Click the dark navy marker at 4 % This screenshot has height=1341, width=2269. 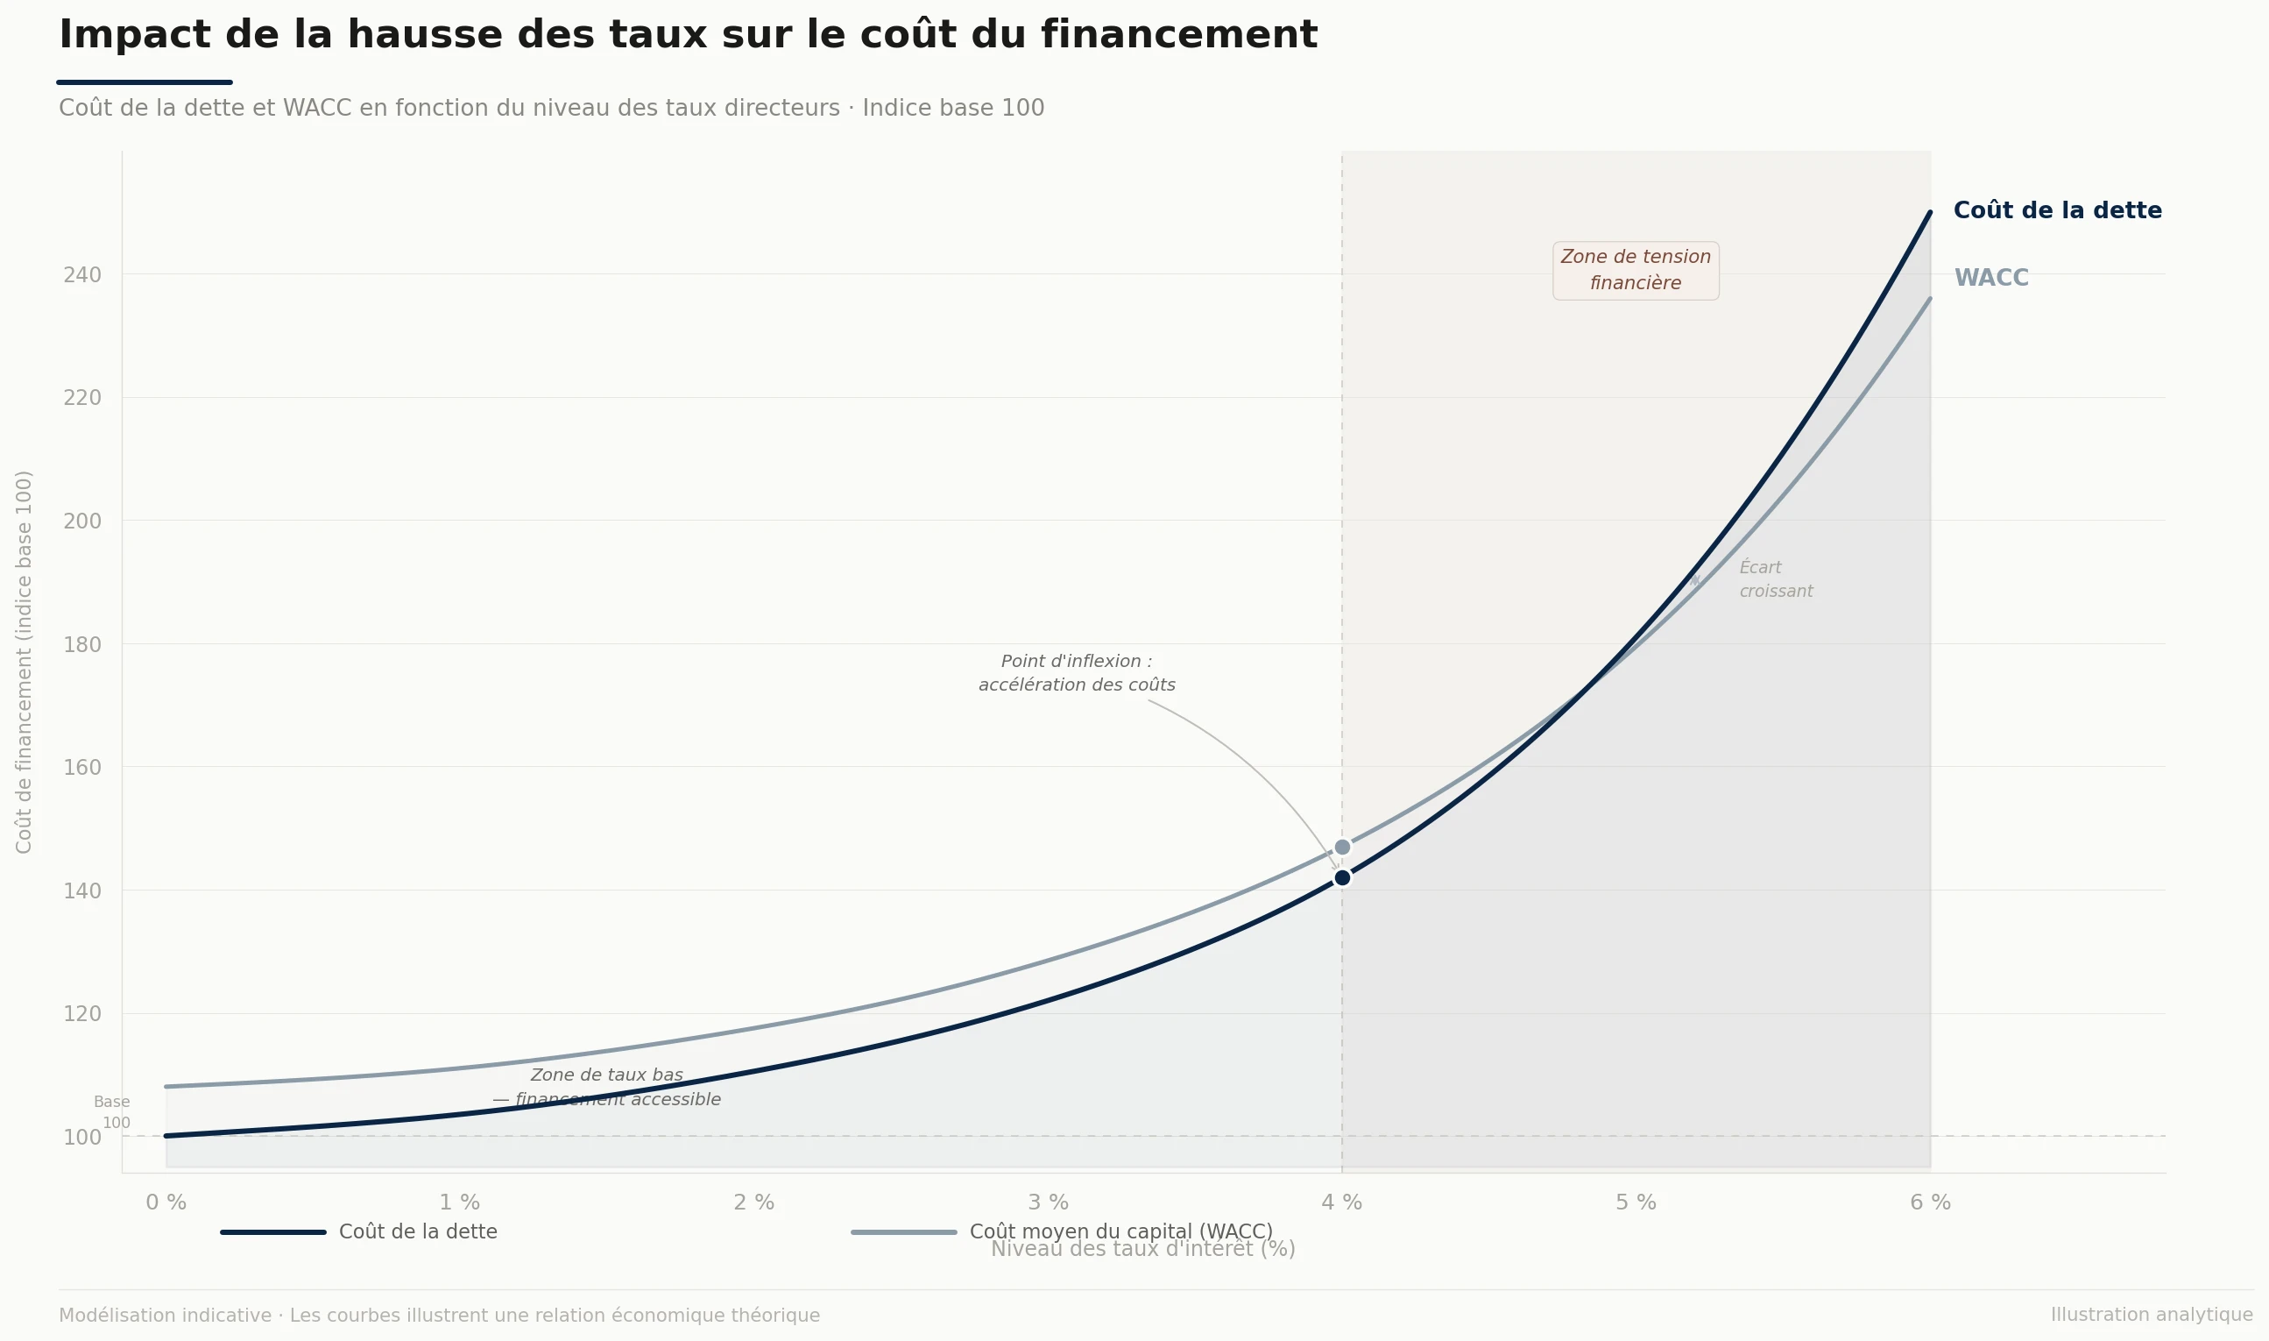pyautogui.click(x=1342, y=877)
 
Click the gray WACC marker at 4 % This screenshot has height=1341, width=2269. pyautogui.click(x=1342, y=847)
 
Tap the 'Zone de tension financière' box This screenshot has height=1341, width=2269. pyautogui.click(x=1635, y=270)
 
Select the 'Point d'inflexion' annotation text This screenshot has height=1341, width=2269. pyautogui.click(x=1077, y=673)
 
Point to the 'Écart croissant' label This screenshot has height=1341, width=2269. pyautogui.click(x=1775, y=579)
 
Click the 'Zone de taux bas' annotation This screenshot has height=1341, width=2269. pyautogui.click(x=607, y=1087)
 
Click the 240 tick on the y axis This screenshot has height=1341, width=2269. pyautogui.click(x=82, y=274)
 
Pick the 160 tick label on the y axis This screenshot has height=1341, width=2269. pyautogui.click(x=82, y=767)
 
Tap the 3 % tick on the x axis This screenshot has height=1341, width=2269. pyautogui.click(x=1048, y=1203)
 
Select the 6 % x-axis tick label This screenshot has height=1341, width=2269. pyautogui.click(x=1930, y=1203)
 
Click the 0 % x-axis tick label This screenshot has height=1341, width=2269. pyautogui.click(x=166, y=1203)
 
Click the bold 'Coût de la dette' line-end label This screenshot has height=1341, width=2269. pyautogui.click(x=2057, y=210)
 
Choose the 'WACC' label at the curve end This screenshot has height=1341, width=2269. pyautogui.click(x=1990, y=279)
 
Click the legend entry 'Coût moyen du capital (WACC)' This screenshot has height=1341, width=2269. pyautogui.click(x=1120, y=1231)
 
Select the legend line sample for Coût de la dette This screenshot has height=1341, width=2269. pyautogui.click(x=272, y=1232)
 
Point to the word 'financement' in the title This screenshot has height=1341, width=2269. pyautogui.click(x=1179, y=35)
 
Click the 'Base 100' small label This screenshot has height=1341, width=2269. pyautogui.click(x=114, y=1112)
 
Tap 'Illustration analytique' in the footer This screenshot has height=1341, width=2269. pyautogui.click(x=2151, y=1315)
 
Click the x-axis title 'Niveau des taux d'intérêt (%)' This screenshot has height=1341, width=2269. pyautogui.click(x=1142, y=1250)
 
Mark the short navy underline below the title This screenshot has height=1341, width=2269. pyautogui.click(x=145, y=82)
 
